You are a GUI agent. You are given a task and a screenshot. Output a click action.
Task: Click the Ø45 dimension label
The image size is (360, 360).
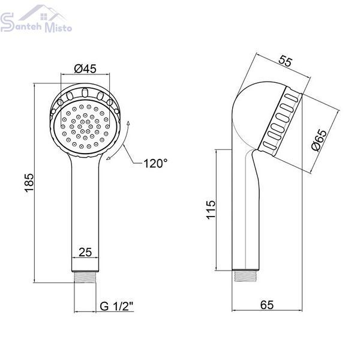[85, 68]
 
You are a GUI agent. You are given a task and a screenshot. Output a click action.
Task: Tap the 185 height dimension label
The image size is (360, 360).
[29, 182]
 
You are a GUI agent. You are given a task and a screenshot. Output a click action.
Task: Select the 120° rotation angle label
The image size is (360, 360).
[155, 163]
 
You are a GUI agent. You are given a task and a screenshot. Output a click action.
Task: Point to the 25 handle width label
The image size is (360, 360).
[85, 253]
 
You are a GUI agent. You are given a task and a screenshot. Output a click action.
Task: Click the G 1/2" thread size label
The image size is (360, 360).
[116, 306]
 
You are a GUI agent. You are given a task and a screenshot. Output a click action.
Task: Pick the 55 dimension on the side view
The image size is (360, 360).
[286, 61]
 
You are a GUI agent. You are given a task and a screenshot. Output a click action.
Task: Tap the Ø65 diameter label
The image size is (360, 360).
[320, 140]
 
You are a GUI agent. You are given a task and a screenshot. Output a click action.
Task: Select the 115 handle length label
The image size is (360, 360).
[211, 210]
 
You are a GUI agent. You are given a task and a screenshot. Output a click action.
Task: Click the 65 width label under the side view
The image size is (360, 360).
[267, 305]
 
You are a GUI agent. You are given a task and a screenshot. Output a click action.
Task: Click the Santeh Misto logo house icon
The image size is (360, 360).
[43, 14]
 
